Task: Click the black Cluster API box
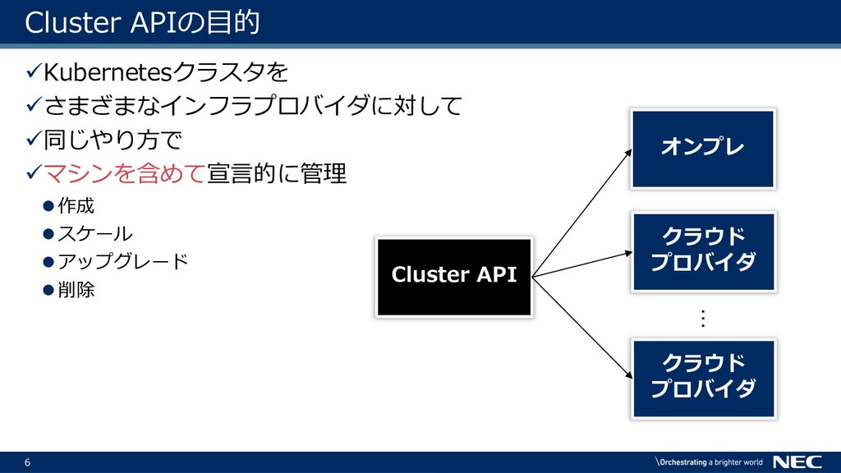453,278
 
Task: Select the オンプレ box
703,149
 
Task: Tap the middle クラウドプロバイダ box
703,251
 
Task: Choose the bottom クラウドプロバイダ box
703,378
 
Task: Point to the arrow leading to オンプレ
582,213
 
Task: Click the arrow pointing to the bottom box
582,328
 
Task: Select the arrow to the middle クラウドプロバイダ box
582,264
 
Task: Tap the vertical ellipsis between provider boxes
703,319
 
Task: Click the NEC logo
797,462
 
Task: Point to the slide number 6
27,462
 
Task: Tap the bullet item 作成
76,205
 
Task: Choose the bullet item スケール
95,233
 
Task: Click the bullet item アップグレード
123,261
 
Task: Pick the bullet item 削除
76,290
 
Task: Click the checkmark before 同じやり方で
33,139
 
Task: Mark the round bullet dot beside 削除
48,290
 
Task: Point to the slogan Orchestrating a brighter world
709,462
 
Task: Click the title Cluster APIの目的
143,22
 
